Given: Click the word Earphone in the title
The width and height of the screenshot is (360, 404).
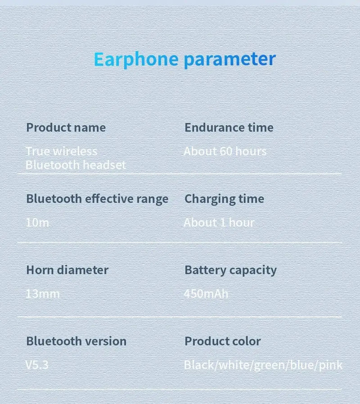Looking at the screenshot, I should (135, 59).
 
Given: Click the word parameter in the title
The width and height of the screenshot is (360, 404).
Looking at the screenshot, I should (229, 59).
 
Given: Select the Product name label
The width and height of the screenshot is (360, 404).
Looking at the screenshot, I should (66, 127).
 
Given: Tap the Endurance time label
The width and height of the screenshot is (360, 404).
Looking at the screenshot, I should (229, 127).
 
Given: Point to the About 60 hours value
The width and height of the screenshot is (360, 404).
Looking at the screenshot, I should (225, 151).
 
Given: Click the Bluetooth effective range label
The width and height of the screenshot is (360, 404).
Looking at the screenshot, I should (97, 198).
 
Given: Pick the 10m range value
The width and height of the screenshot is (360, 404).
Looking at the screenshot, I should (37, 222).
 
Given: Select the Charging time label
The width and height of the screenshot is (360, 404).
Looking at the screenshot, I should (224, 198).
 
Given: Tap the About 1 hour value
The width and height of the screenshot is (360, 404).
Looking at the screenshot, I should (219, 222).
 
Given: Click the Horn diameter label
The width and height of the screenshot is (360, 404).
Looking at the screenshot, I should (67, 270).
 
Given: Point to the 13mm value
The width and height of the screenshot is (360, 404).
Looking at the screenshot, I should (43, 294).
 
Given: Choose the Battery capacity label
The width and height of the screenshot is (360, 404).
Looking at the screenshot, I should (230, 270).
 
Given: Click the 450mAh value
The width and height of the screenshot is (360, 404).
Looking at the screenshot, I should (206, 294).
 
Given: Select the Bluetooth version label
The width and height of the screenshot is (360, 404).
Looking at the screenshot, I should (76, 341).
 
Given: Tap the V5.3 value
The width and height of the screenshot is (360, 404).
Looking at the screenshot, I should (37, 364).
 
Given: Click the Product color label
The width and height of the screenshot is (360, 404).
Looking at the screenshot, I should (222, 341).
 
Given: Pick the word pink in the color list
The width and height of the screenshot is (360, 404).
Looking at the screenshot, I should (331, 365).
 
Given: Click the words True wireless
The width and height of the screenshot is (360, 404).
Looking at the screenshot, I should (61, 151).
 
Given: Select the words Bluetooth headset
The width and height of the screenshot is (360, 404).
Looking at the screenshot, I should (76, 165).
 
